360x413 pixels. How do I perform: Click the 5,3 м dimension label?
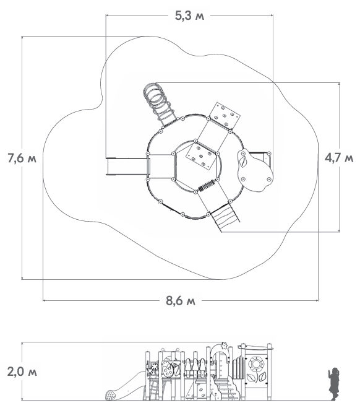(x=189, y=16)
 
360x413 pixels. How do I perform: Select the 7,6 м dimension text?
(x=22, y=158)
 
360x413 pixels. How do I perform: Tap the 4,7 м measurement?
(x=339, y=158)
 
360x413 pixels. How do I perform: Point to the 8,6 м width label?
(x=181, y=300)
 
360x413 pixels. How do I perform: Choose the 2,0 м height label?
(x=22, y=372)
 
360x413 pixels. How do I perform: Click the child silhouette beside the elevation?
(x=334, y=384)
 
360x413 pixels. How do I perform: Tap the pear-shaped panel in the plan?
(x=255, y=170)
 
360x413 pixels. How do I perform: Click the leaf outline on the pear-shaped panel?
(x=243, y=160)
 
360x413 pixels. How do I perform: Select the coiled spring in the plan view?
(x=207, y=186)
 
